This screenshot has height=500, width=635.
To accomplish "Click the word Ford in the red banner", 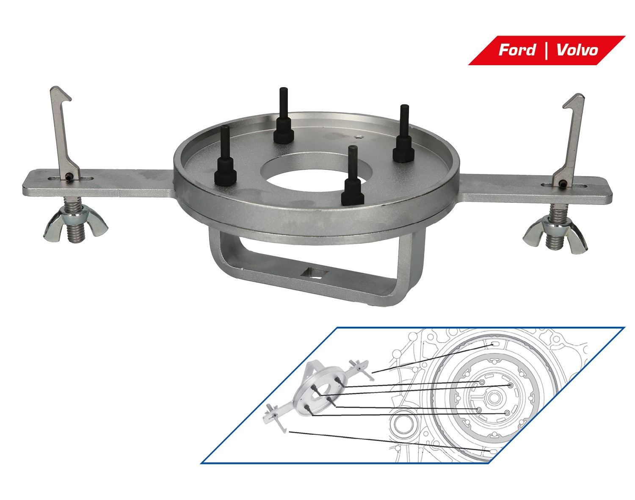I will point(516,50).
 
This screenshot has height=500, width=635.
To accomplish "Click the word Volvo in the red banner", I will point(577,50).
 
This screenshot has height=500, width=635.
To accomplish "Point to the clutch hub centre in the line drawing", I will point(493,398).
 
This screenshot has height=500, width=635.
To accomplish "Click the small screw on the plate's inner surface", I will point(359,136).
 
